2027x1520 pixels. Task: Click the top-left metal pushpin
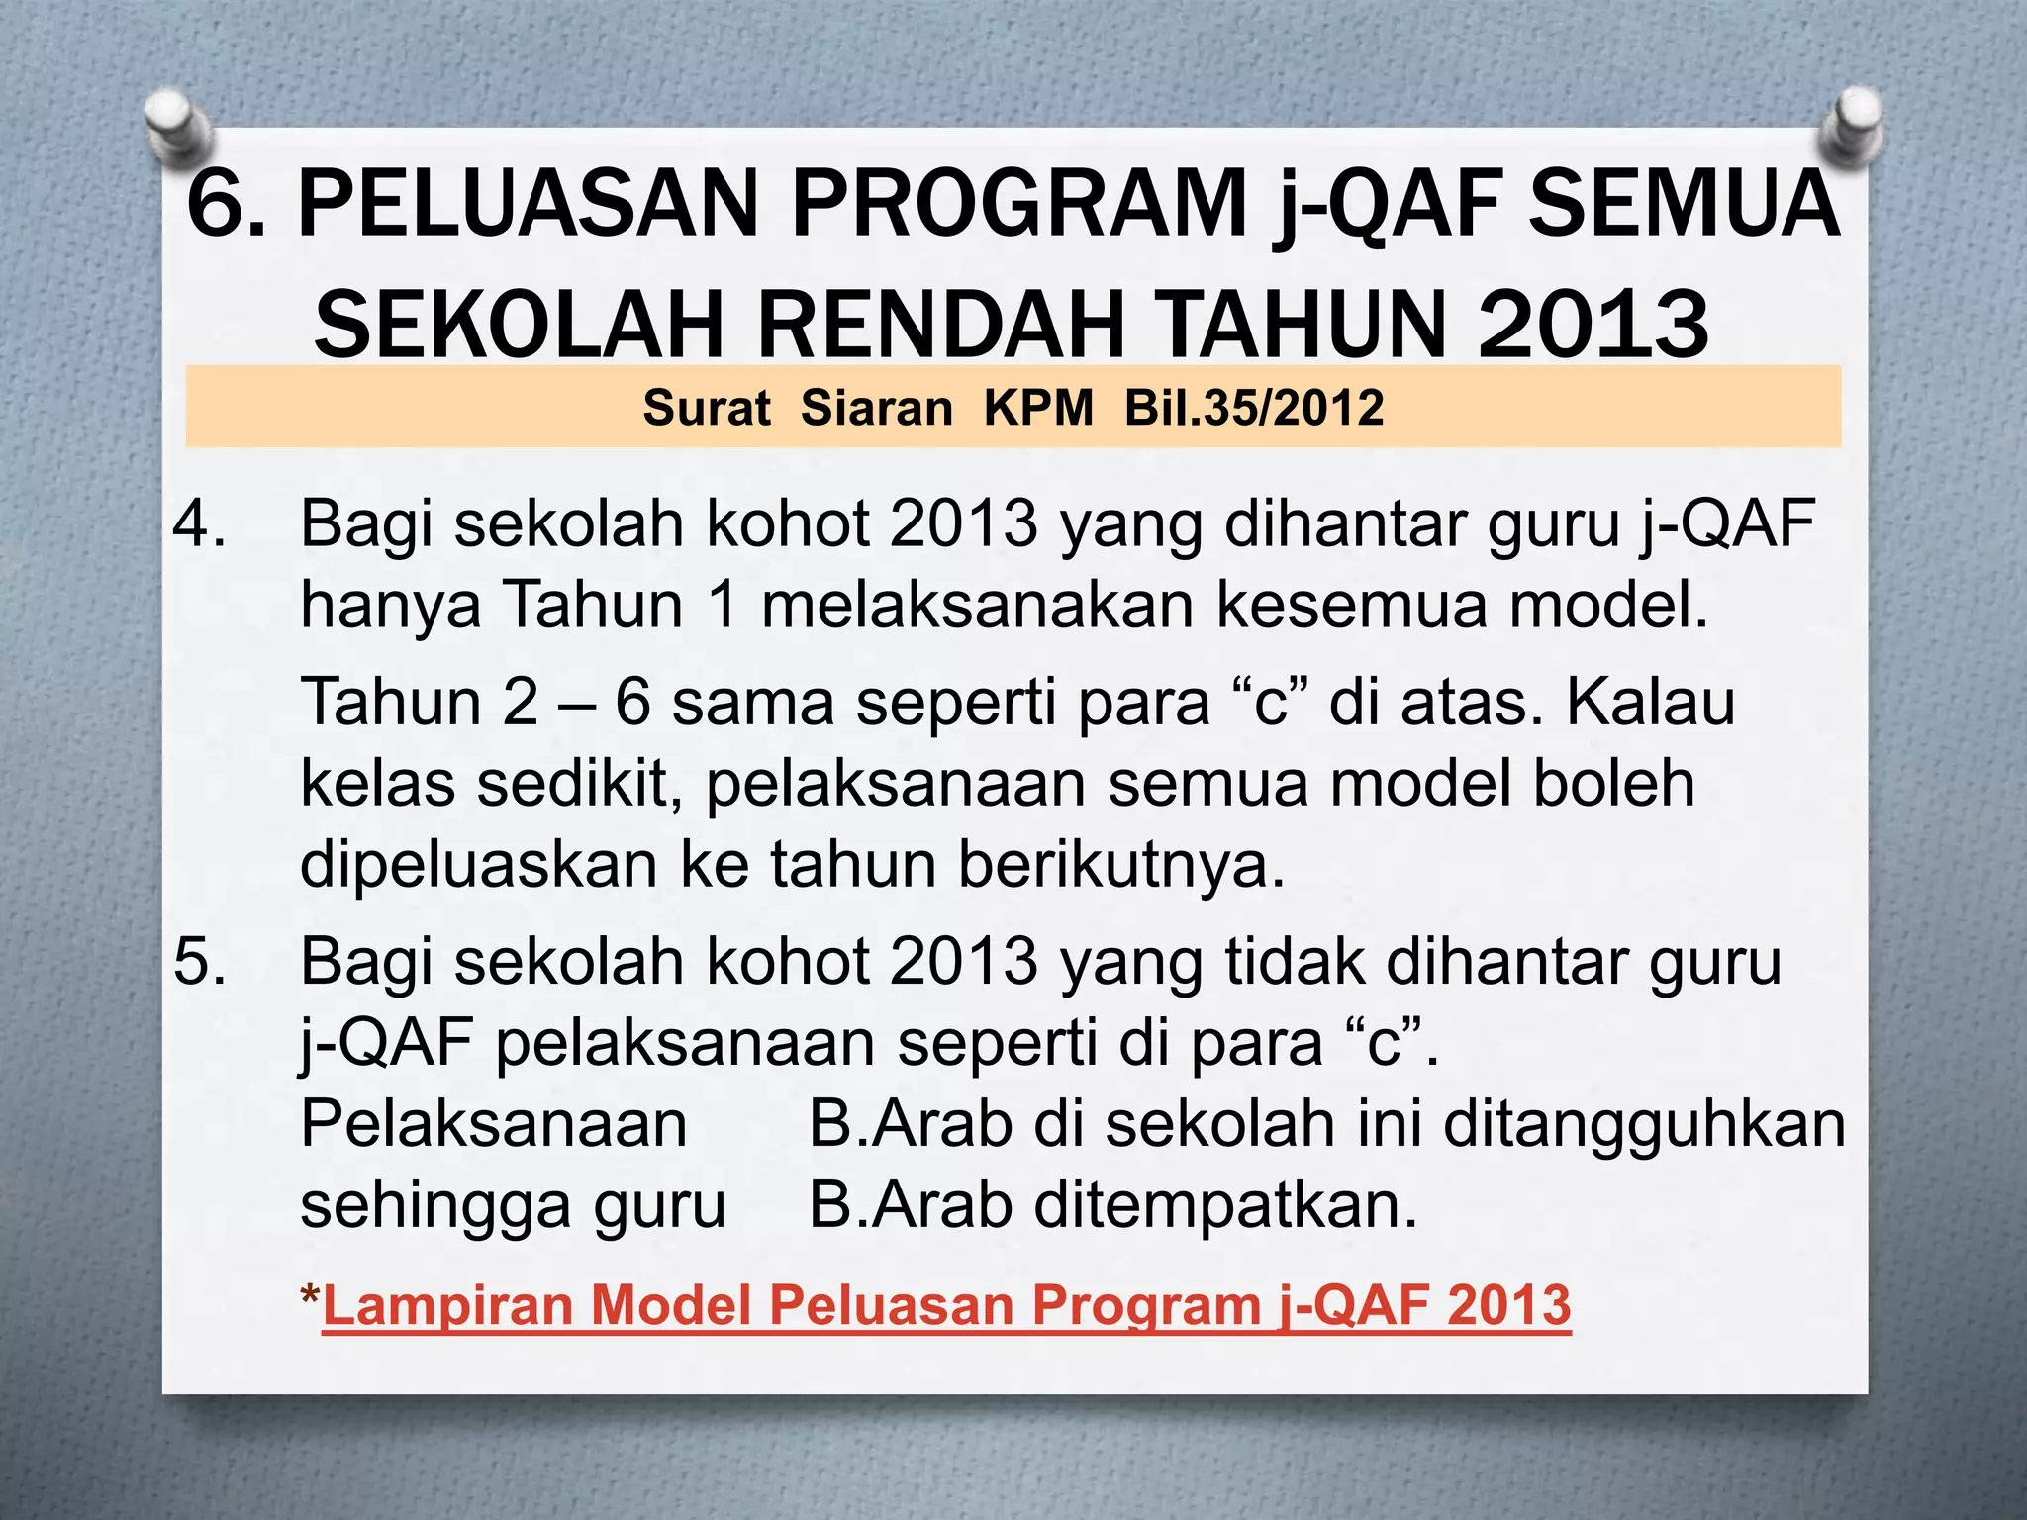pos(181,126)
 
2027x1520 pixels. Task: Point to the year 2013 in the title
pos(1593,325)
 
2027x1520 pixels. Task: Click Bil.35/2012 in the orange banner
pos(1254,408)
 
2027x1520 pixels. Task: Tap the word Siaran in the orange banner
pos(876,408)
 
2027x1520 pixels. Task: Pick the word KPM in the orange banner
pos(1038,408)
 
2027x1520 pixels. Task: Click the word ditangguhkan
pos(1644,1124)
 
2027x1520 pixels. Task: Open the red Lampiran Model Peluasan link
pos(946,1304)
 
